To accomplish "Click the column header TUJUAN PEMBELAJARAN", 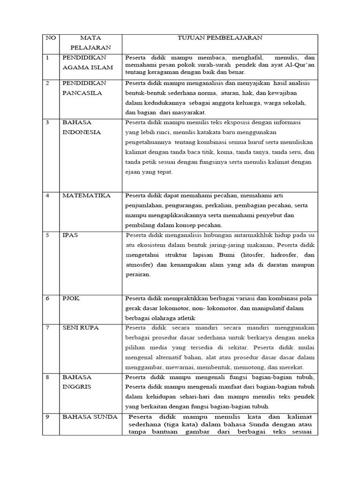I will tap(219, 38).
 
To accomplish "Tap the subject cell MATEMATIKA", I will tap(86, 195).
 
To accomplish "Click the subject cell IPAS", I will tap(70, 235).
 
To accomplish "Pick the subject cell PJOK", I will tap(71, 298).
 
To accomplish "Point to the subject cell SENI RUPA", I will tap(80, 328).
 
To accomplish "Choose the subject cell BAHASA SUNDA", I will tap(90, 417).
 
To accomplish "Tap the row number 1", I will tap(48, 58).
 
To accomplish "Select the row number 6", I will tap(48, 298).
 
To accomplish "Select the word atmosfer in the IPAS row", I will tap(140, 265).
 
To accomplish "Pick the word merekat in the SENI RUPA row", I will tap(292, 367).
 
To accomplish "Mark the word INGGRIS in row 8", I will tap(77, 387).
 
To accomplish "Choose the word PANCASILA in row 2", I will tap(83, 93).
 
